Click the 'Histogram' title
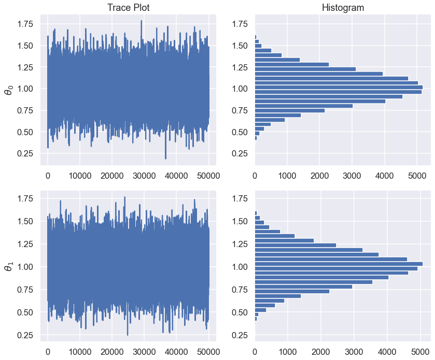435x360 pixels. (343, 8)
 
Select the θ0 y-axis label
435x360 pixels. (8, 90)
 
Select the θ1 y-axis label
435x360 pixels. (8, 267)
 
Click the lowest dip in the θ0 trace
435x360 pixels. (165, 158)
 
